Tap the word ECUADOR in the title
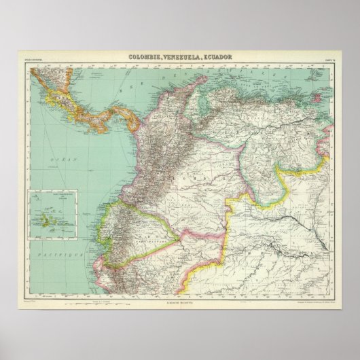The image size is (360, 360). click(217, 58)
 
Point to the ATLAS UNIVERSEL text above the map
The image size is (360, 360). click(34, 60)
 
